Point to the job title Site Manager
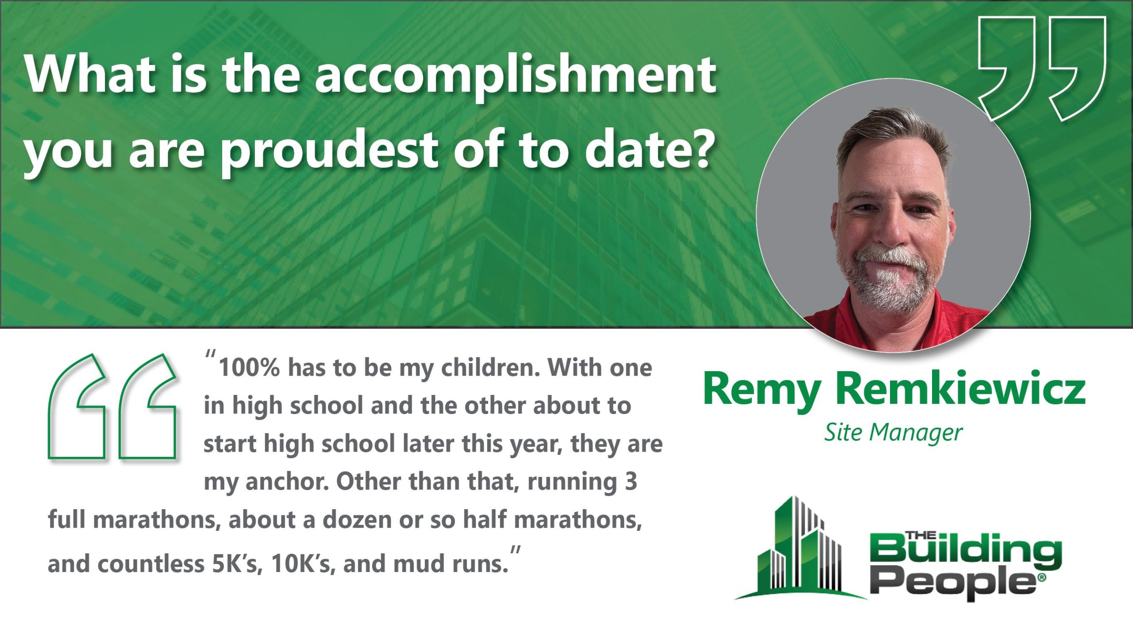(x=893, y=433)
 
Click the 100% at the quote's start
(x=250, y=368)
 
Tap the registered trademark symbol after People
(x=1041, y=578)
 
